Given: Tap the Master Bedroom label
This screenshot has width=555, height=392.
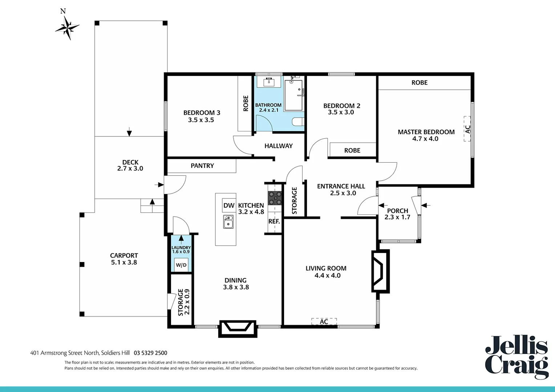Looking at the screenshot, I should (426, 132).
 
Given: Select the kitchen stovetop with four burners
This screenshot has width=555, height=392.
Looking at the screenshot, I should (275, 199).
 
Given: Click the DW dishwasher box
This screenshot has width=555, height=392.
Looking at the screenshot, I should (229, 205).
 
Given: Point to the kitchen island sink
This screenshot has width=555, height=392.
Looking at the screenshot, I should (228, 222).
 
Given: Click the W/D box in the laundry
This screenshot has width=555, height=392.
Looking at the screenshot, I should (181, 265).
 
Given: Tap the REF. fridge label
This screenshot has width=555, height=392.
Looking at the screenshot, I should (274, 221).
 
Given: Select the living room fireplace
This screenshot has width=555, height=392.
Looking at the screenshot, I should (380, 271).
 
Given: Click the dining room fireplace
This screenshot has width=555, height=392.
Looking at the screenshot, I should (238, 328).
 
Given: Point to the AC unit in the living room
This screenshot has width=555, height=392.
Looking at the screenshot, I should (324, 322).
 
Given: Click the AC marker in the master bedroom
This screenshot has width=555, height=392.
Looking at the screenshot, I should (467, 129).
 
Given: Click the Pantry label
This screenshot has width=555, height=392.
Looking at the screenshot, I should (202, 166).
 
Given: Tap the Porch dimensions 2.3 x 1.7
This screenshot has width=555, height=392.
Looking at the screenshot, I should (397, 217).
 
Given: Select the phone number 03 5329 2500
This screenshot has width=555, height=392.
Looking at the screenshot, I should (150, 353).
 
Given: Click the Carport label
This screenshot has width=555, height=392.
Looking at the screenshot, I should (124, 256).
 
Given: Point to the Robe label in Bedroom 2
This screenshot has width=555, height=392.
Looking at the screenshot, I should (352, 150).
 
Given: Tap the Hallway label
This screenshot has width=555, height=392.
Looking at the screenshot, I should (278, 146).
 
